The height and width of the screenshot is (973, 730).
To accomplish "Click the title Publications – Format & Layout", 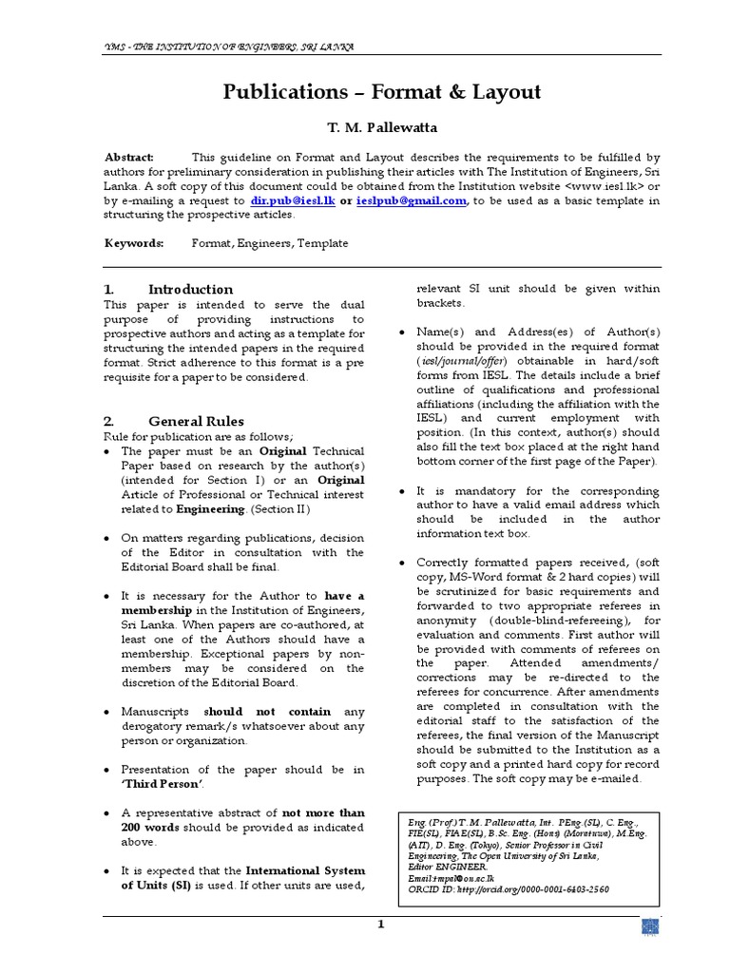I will tap(382, 92).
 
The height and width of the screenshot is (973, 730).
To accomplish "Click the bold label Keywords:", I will tap(133, 243).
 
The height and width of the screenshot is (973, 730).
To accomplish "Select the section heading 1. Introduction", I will tap(167, 289).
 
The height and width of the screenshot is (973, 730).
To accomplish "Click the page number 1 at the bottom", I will tap(380, 925).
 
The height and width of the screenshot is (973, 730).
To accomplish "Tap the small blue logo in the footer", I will tap(650, 928).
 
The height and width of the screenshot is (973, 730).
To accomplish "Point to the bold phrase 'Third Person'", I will tap(162, 784).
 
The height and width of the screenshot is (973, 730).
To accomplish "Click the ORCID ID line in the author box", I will tap(503, 889).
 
